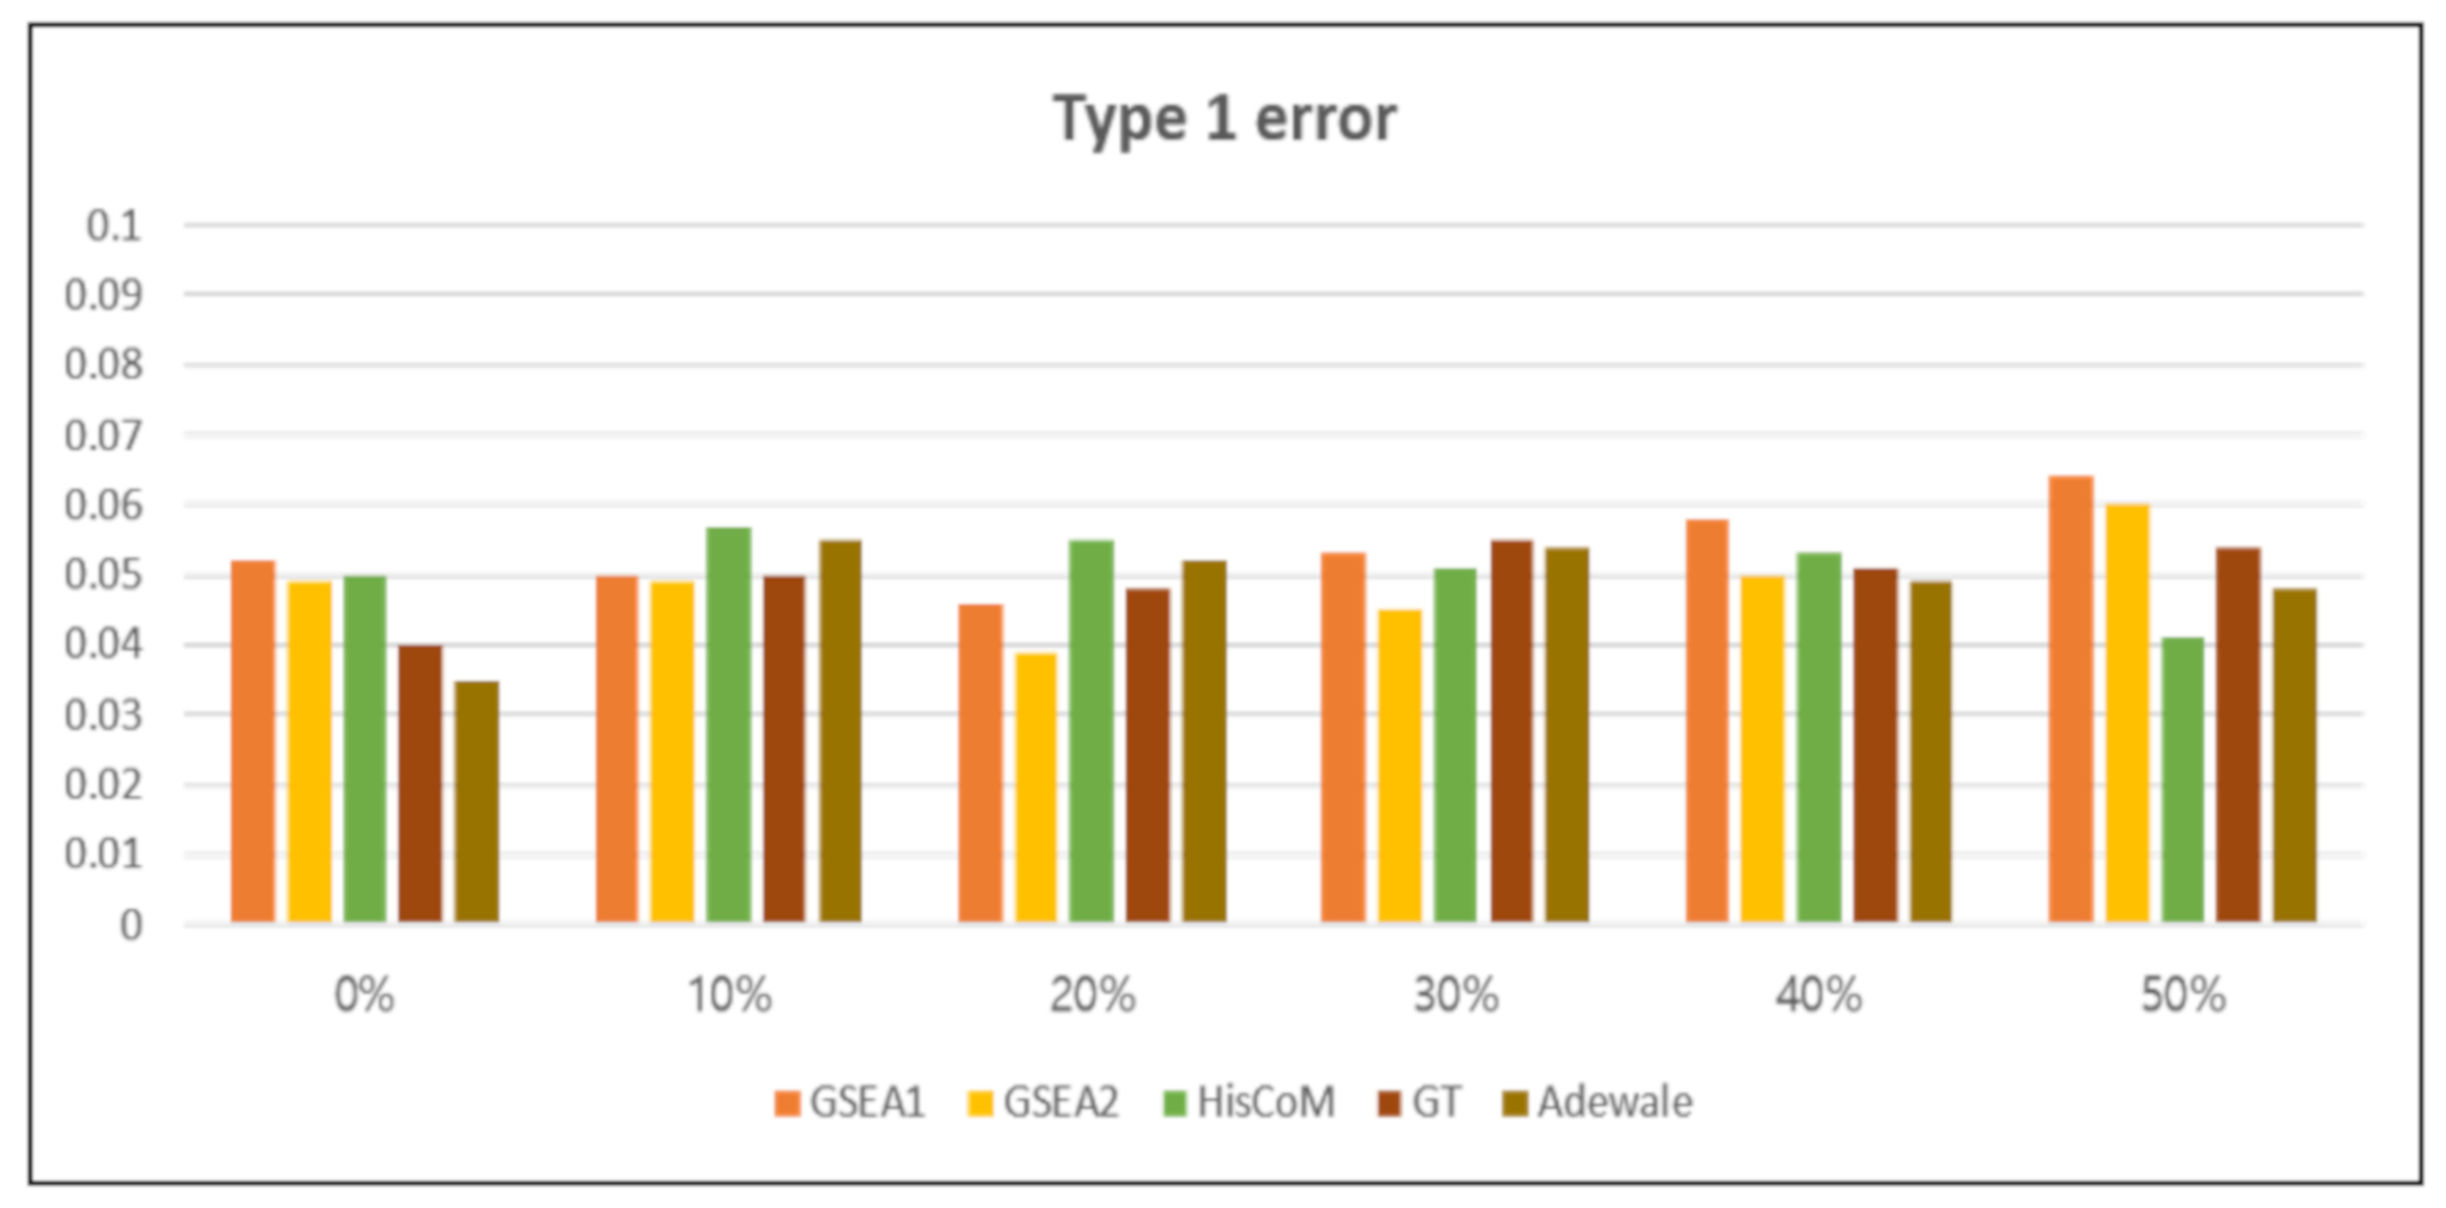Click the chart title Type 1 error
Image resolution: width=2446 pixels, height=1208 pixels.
point(1224,120)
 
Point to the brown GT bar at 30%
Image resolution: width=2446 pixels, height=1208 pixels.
point(1511,730)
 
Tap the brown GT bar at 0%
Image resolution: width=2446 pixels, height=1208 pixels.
point(421,783)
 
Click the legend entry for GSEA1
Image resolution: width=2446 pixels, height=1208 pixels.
point(850,1102)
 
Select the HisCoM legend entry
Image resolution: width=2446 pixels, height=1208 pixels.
point(1249,1102)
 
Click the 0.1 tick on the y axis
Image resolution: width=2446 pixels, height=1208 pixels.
point(113,226)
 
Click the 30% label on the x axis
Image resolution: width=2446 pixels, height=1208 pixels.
point(1455,995)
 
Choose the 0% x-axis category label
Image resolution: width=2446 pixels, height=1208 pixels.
point(364,995)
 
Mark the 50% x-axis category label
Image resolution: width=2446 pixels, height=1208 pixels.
point(2183,995)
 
